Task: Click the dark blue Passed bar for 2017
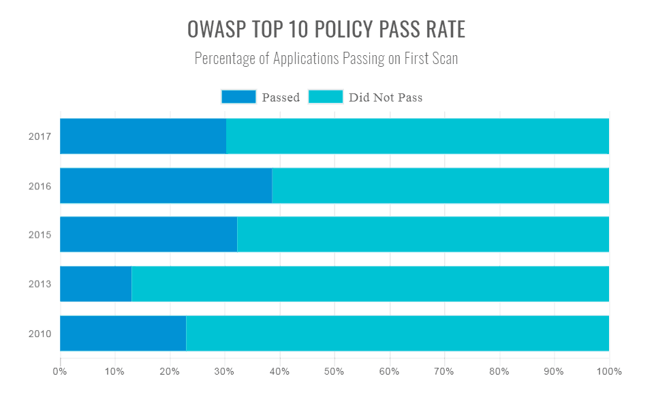pos(143,136)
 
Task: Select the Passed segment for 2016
pos(166,185)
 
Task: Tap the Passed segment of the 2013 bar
pos(95,283)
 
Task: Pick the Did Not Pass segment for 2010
pos(397,333)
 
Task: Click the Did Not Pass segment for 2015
pos(422,234)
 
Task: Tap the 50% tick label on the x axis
pos(334,372)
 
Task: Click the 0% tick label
pos(60,372)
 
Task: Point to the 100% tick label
pos(609,372)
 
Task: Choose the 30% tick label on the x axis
pos(225,372)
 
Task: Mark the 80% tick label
pos(499,372)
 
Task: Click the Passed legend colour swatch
pos(238,97)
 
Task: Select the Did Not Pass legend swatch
pos(326,97)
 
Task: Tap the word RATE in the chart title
pos(446,30)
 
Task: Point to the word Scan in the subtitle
pos(445,59)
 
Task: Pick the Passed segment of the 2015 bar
pos(149,234)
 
